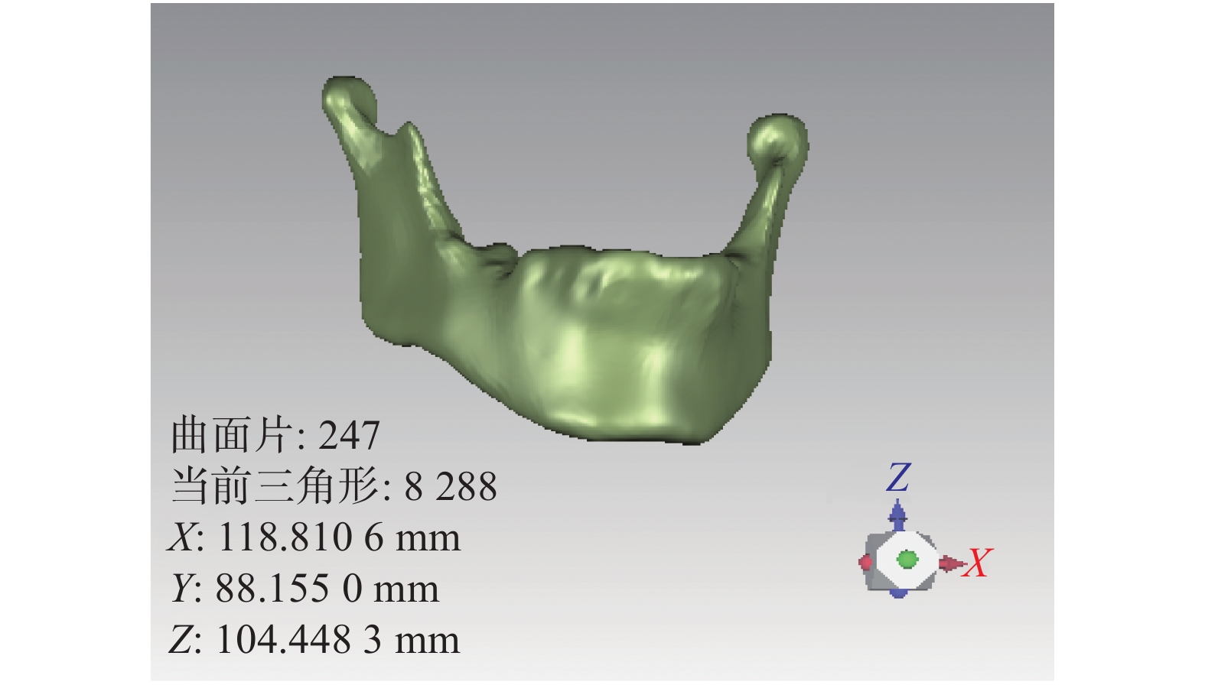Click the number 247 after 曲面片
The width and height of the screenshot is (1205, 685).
tap(349, 435)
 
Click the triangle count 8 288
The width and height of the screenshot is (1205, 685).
tap(451, 486)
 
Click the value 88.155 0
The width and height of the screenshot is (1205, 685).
tap(289, 588)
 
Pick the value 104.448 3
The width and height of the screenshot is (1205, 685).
tap(299, 640)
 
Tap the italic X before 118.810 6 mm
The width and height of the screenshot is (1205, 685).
tap(181, 537)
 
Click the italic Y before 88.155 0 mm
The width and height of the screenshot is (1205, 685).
tap(182, 589)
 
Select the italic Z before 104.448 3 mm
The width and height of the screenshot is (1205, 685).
tap(181, 641)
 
